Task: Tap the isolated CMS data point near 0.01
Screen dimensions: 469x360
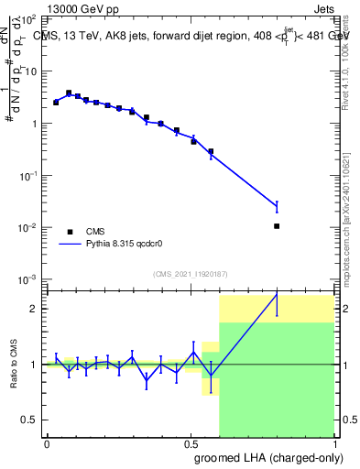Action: (x=277, y=225)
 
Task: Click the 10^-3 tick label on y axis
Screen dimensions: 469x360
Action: (x=29, y=278)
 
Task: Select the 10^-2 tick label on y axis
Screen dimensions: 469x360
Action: (x=29, y=227)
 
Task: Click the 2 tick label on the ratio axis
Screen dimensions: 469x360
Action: (x=35, y=309)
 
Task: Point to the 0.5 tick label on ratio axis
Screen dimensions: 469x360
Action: (x=30, y=420)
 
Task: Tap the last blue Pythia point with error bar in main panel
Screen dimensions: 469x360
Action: (x=277, y=207)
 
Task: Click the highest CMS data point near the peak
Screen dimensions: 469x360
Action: (x=69, y=93)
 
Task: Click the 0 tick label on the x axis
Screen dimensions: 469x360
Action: (x=47, y=442)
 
